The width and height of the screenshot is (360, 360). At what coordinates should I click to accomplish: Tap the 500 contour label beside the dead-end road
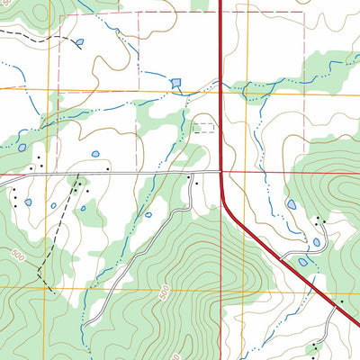click(x=164, y=292)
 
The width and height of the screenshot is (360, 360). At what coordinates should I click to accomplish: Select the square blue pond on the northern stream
click(x=175, y=83)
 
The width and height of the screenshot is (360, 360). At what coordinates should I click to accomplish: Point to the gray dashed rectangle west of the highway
click(x=206, y=128)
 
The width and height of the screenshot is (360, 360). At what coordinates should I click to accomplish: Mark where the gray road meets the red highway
click(x=220, y=170)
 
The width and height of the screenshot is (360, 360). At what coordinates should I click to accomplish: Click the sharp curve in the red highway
click(x=228, y=209)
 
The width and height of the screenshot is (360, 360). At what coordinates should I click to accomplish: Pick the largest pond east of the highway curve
click(x=292, y=206)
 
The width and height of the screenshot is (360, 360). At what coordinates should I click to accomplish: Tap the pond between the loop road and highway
click(x=303, y=262)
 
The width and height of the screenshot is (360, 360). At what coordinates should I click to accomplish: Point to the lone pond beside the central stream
click(x=144, y=216)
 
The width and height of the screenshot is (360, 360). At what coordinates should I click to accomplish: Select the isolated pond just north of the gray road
click(x=95, y=154)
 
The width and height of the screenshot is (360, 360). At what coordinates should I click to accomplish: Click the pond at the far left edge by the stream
click(x=22, y=148)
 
